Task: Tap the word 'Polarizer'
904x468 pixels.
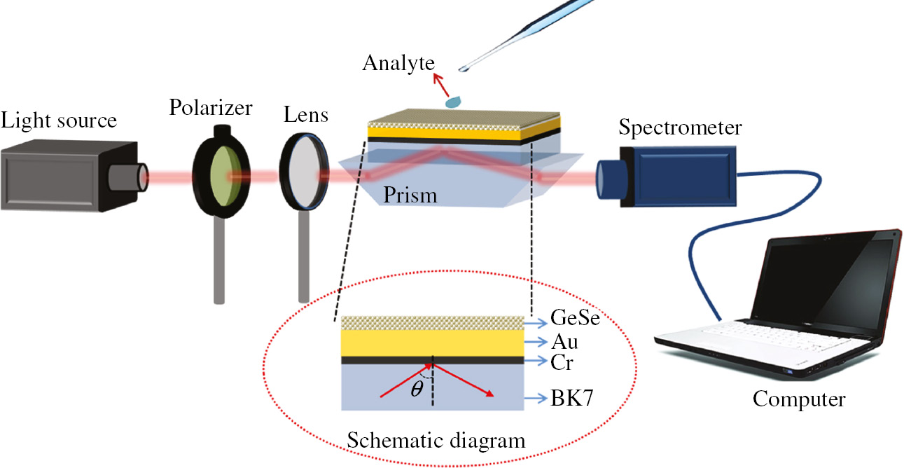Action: click(x=210, y=109)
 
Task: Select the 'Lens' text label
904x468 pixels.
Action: click(x=305, y=114)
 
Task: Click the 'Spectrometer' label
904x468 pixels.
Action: click(x=680, y=128)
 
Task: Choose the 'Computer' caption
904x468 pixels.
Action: click(x=799, y=399)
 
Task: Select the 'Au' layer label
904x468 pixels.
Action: click(x=564, y=343)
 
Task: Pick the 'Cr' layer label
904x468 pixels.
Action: click(x=563, y=362)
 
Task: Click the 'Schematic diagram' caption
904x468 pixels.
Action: click(x=436, y=441)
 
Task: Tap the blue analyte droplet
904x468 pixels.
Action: click(x=453, y=102)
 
